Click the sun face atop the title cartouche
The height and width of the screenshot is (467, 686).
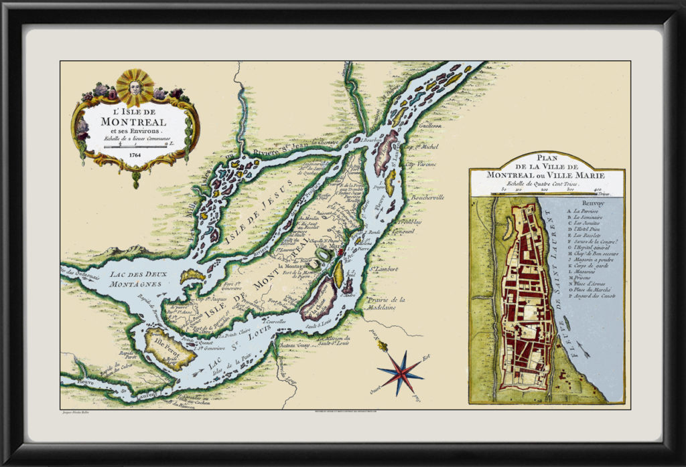[135, 87]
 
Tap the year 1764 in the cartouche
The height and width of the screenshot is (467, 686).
[136, 155]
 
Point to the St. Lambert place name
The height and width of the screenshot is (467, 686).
[385, 270]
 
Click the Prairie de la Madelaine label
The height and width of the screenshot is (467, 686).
[387, 304]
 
